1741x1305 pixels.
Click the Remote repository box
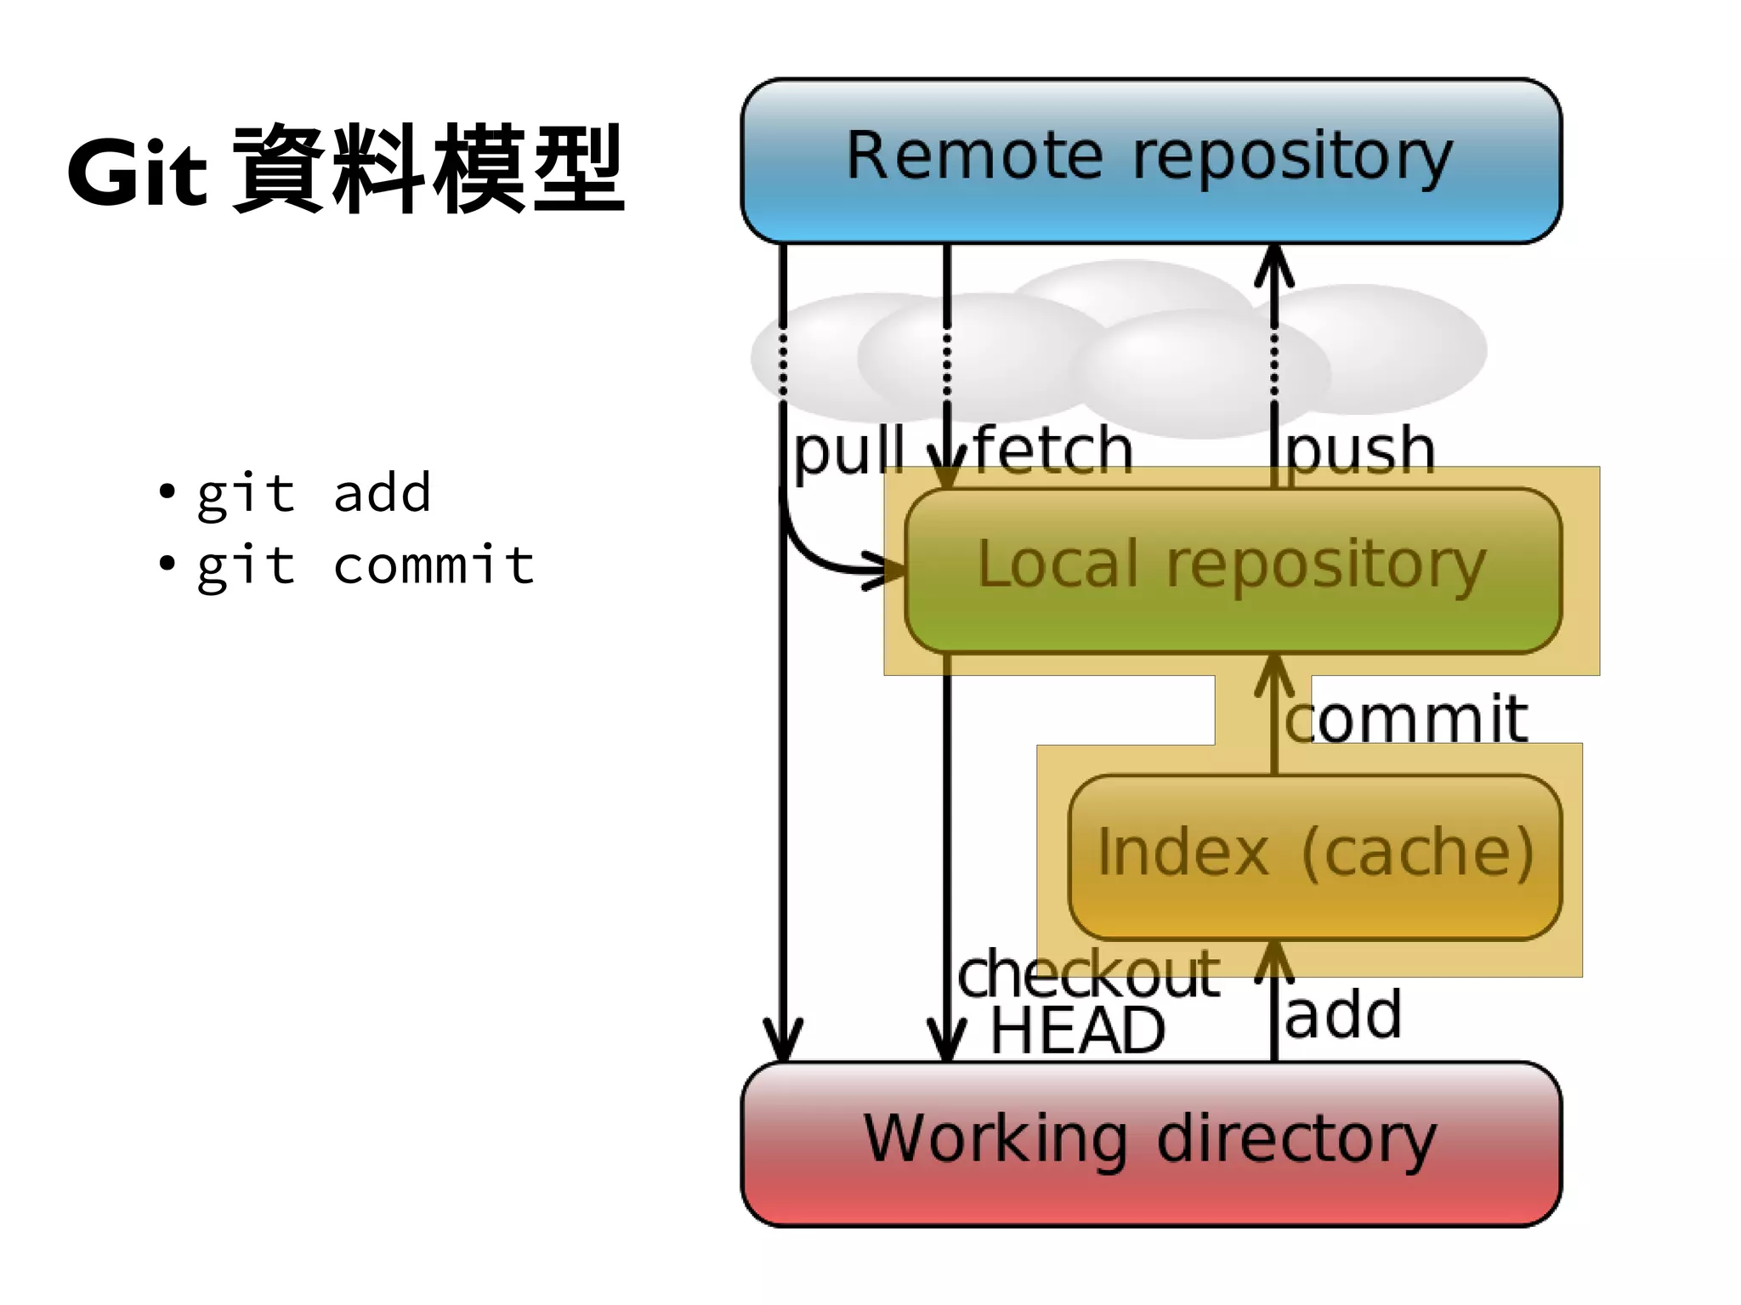click(x=1151, y=160)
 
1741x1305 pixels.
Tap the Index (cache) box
click(x=1314, y=855)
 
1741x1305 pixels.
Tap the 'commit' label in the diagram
click(x=1406, y=719)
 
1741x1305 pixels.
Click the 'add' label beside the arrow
click(x=1343, y=1015)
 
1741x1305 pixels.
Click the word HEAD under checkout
click(x=1078, y=1030)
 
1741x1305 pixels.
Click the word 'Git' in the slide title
click(x=137, y=173)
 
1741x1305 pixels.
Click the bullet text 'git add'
click(x=314, y=493)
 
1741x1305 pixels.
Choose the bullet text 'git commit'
click(x=366, y=565)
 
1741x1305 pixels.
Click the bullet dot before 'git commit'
click(x=167, y=563)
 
